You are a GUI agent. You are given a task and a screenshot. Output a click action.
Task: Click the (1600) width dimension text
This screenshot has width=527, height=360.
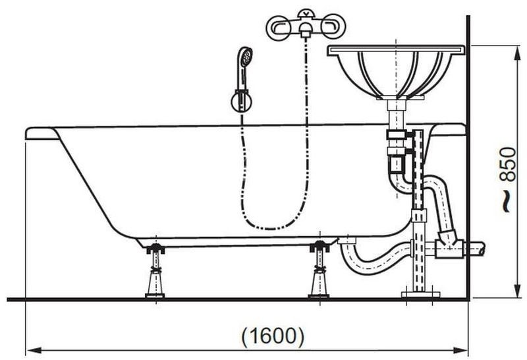pyautogui.click(x=273, y=336)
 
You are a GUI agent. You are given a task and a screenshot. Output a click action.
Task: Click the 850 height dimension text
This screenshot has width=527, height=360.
pyautogui.click(x=507, y=165)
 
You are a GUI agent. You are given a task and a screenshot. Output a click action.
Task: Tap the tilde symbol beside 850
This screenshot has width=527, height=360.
pyautogui.click(x=506, y=201)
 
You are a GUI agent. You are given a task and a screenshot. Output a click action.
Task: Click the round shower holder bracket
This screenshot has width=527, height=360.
pyautogui.click(x=242, y=102)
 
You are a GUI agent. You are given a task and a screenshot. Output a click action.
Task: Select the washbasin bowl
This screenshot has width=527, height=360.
pyautogui.click(x=396, y=73)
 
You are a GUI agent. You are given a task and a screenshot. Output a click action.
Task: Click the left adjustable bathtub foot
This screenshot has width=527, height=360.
pyautogui.click(x=155, y=271)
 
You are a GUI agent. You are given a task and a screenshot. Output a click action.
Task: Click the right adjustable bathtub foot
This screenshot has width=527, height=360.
pyautogui.click(x=319, y=269)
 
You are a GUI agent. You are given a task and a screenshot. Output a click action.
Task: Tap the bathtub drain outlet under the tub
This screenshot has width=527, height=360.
pyautogui.click(x=347, y=241)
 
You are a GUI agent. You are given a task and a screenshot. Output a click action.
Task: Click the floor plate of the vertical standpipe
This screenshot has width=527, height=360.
pyautogui.click(x=420, y=295)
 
